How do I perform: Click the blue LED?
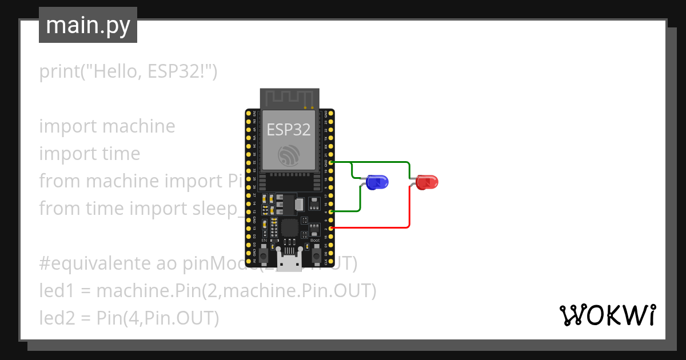(377, 182)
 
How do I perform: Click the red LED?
(428, 182)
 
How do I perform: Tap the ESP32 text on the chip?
(289, 130)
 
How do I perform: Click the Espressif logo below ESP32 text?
(288, 155)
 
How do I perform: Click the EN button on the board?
(264, 256)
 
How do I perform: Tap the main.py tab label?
(88, 25)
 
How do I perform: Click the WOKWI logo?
(607, 315)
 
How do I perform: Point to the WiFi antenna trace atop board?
(289, 98)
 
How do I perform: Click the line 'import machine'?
(107, 126)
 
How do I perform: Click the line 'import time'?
(89, 154)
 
